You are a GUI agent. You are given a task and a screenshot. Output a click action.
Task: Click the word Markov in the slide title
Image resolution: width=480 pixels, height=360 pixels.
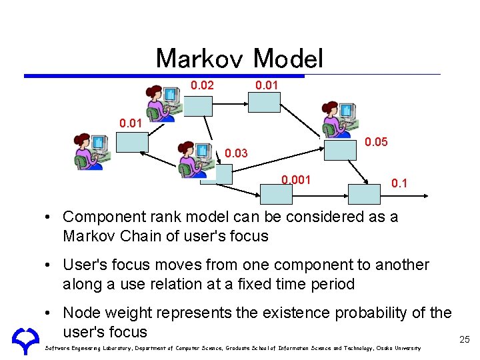tap(200, 59)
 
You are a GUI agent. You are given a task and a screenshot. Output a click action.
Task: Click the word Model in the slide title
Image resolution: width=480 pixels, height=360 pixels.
tap(288, 59)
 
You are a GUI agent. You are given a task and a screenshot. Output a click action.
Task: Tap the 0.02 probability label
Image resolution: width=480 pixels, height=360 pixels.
tap(203, 85)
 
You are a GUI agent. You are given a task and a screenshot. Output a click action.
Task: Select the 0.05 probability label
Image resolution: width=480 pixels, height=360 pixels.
tap(376, 142)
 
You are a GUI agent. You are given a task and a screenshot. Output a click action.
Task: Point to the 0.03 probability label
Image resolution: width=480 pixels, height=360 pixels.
tap(236, 154)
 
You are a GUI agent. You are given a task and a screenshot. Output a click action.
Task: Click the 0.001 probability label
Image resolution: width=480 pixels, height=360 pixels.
tap(295, 179)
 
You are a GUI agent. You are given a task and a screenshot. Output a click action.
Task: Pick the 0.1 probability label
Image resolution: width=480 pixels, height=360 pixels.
tap(399, 183)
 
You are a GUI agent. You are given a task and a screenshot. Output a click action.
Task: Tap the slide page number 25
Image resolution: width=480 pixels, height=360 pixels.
tap(465, 340)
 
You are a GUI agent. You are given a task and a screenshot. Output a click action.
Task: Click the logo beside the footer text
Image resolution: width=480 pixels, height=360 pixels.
tap(25, 339)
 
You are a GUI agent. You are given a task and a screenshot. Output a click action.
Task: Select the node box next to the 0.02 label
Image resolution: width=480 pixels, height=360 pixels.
tap(198, 106)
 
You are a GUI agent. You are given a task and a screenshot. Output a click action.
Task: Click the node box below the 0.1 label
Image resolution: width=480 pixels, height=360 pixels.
tap(365, 193)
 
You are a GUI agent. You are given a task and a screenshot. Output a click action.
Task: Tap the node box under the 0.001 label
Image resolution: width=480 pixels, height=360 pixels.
tap(275, 193)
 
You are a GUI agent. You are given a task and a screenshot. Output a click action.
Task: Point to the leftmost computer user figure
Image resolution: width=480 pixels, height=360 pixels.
tap(89, 151)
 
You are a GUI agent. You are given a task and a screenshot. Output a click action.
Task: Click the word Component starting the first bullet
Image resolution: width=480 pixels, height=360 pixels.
tap(105, 217)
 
